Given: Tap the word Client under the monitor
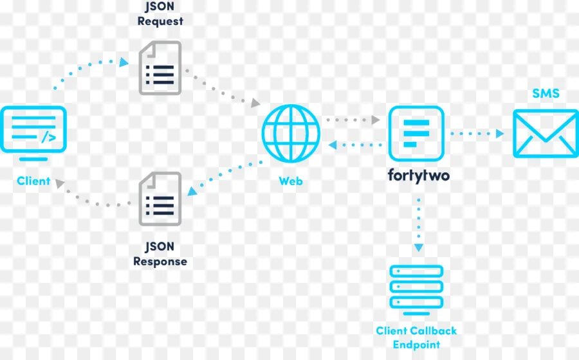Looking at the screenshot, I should pyautogui.click(x=33, y=181).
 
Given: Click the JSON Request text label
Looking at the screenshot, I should pyautogui.click(x=160, y=14).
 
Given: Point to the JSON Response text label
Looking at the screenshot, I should pyautogui.click(x=160, y=254).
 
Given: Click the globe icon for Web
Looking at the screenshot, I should pyautogui.click(x=291, y=133).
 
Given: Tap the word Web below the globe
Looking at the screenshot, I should pyautogui.click(x=291, y=181).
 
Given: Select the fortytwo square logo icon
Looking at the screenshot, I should pyautogui.click(x=416, y=133).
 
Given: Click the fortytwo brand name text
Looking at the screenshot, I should pyautogui.click(x=419, y=174).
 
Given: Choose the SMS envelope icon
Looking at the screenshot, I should pyautogui.click(x=546, y=133).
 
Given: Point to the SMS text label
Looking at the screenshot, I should pyautogui.click(x=546, y=94).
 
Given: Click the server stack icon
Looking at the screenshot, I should pyautogui.click(x=416, y=287).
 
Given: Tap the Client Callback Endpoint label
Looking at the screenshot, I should pyautogui.click(x=416, y=337).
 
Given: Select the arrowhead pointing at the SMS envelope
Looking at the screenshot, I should pyautogui.click(x=500, y=134).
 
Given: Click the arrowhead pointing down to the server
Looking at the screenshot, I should pyautogui.click(x=419, y=248).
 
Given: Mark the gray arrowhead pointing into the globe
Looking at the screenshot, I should pyautogui.click(x=256, y=103).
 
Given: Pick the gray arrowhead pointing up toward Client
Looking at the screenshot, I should pyautogui.click(x=60, y=183).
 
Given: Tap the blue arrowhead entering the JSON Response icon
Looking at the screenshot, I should pyautogui.click(x=192, y=191).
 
